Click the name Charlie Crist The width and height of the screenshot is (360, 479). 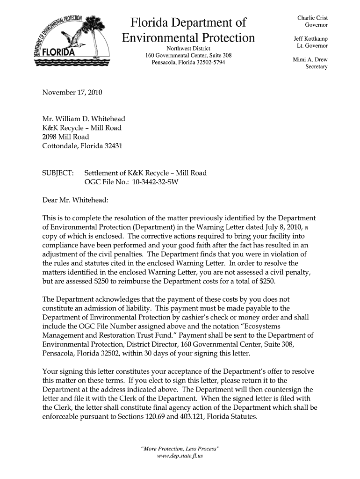[x=312, y=18]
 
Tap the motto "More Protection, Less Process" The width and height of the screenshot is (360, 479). [x=180, y=449]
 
